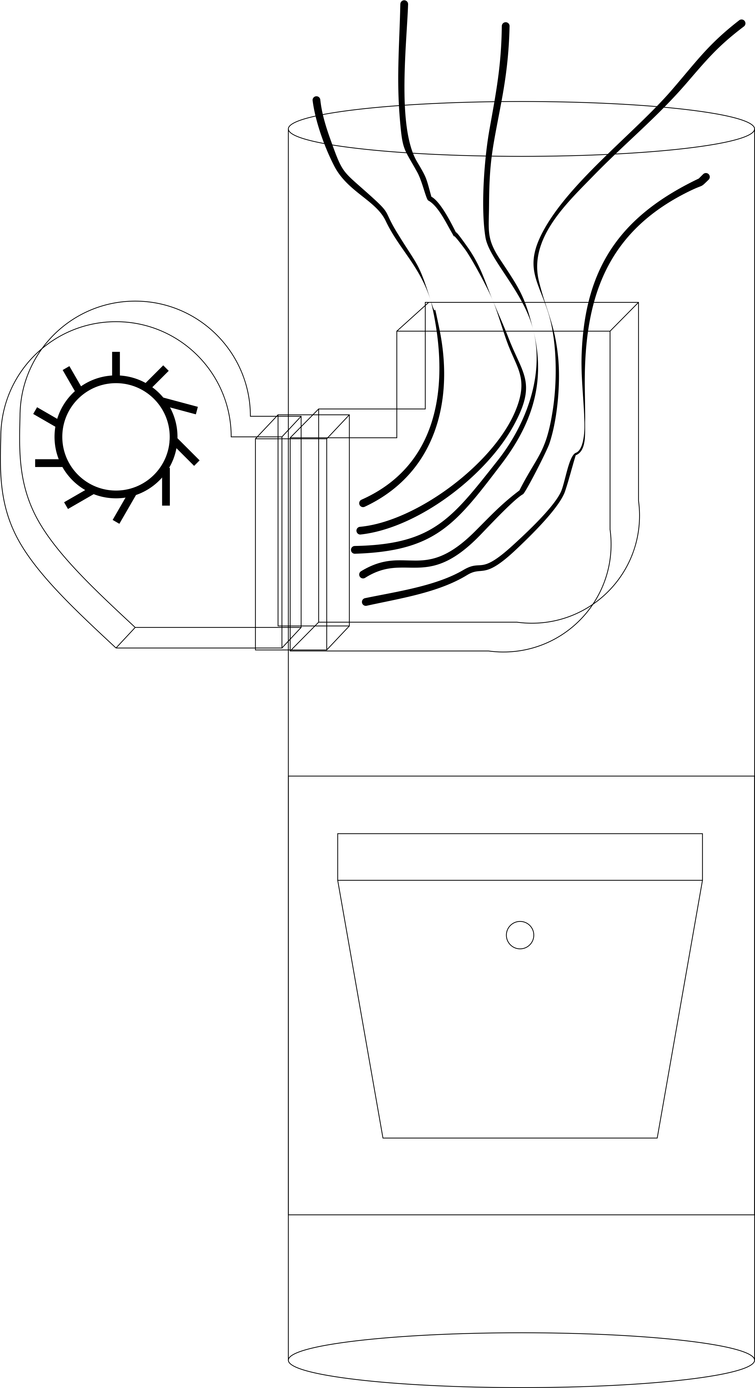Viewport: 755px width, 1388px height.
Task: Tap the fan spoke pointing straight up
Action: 116,364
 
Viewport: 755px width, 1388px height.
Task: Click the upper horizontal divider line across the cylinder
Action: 521,776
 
